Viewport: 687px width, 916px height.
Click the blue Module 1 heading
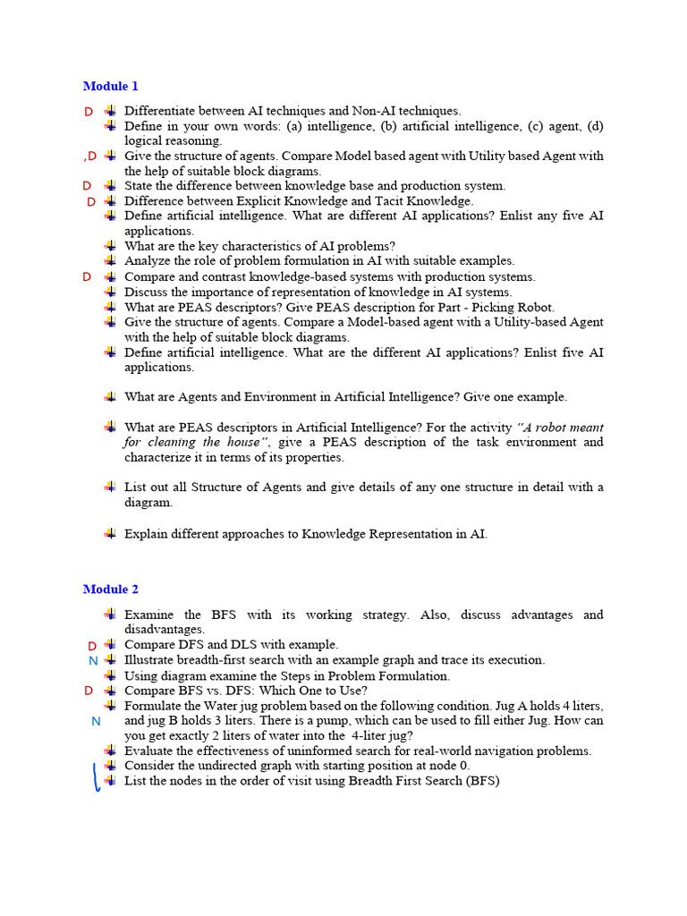tap(111, 86)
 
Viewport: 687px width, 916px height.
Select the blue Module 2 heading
tap(111, 589)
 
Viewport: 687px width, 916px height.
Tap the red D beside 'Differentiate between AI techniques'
tap(88, 112)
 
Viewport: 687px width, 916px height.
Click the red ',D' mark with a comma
tap(89, 157)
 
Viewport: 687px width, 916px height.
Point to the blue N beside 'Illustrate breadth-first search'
tap(93, 661)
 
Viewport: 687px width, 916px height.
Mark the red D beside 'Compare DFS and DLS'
tap(92, 646)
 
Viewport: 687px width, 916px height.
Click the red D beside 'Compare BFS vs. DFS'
tap(88, 691)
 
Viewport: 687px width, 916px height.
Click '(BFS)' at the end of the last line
tap(479, 781)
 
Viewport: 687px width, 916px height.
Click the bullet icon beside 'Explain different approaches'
tap(109, 534)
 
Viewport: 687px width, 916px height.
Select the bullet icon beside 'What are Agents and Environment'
tap(109, 396)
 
